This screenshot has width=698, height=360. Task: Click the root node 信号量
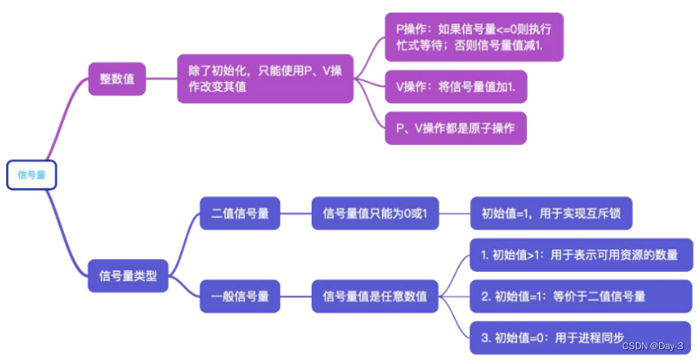pyautogui.click(x=32, y=175)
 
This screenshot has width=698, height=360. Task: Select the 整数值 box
pyautogui.click(x=117, y=78)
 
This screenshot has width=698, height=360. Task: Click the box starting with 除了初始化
pyautogui.click(x=265, y=78)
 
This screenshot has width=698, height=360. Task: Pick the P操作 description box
pyautogui.click(x=473, y=37)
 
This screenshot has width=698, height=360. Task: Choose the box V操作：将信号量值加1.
pyautogui.click(x=461, y=85)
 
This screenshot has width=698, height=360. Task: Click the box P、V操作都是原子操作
pyautogui.click(x=455, y=128)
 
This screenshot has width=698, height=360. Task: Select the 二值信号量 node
pyautogui.click(x=239, y=214)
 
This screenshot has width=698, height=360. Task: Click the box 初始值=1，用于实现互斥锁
pyautogui.click(x=557, y=214)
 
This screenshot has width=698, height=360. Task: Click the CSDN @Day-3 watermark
pyautogui.click(x=652, y=346)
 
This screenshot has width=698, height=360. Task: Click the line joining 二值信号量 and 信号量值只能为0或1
pyautogui.click(x=295, y=214)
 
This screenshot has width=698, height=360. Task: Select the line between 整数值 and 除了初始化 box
pyautogui.click(x=162, y=78)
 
